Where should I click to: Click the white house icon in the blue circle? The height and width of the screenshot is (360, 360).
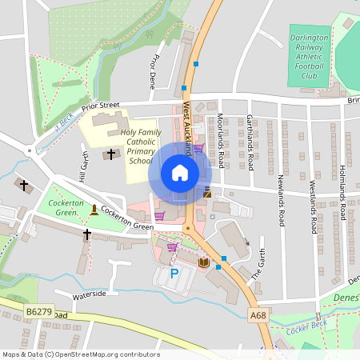tap(179, 172)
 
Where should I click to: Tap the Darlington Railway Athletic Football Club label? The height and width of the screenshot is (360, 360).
tap(309, 56)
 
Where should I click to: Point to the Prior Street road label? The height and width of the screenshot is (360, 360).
tap(100, 105)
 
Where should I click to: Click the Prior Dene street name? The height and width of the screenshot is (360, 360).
tap(153, 70)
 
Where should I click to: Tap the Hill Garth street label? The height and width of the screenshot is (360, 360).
tap(83, 168)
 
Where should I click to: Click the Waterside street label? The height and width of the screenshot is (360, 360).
tap(90, 294)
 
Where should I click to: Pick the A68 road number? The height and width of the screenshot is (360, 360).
tap(258, 316)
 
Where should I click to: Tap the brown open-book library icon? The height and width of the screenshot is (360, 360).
tap(202, 262)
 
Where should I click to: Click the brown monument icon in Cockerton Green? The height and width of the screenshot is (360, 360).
tap(94, 210)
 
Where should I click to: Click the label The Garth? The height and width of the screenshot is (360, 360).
tap(258, 266)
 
